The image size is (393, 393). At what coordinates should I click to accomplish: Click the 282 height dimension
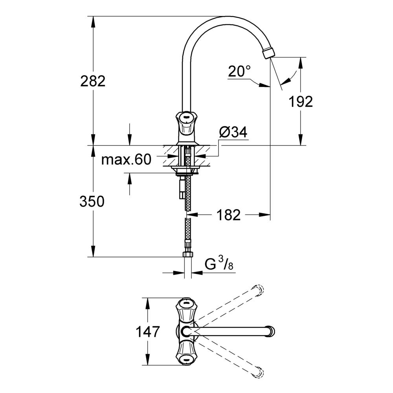pyautogui.click(x=93, y=81)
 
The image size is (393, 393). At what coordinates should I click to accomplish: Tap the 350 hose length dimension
pyautogui.click(x=92, y=202)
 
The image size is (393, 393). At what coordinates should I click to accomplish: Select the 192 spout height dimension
pyautogui.click(x=301, y=101)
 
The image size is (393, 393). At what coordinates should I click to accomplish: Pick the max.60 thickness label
pyautogui.click(x=126, y=159)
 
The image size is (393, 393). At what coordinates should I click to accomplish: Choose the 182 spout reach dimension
pyautogui.click(x=228, y=215)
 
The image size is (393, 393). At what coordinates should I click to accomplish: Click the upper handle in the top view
pyautogui.click(x=186, y=310)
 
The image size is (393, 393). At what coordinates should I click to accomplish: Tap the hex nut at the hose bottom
pyautogui.click(x=188, y=254)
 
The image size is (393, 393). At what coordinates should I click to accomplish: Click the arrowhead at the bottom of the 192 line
pyautogui.click(x=301, y=141)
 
